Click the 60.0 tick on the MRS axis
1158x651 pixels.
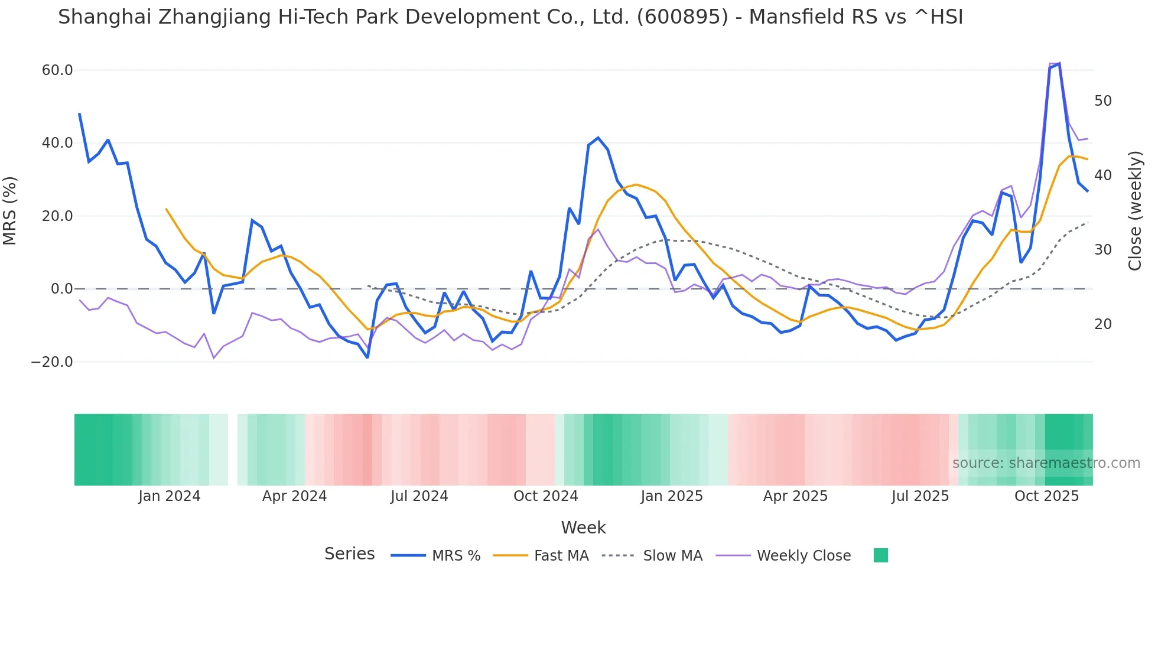pos(57,70)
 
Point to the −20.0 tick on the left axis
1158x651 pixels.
pos(52,362)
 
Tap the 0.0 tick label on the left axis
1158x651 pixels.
pos(61,289)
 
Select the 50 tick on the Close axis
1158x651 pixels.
pos(1102,101)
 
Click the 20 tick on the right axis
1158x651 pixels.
pos(1102,324)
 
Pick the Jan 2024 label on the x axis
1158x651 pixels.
pos(170,496)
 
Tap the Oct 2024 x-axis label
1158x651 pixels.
pos(545,496)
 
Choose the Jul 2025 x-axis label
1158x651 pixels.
pos(920,496)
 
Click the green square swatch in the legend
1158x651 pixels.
pos(880,555)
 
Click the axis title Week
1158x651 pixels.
pos(583,528)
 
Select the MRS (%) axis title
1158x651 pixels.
pos(10,210)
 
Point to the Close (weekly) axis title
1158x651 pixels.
pos(1135,210)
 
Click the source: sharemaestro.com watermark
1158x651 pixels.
pos(1046,463)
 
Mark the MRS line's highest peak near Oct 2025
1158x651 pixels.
pos(1059,63)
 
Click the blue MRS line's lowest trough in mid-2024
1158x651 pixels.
pos(367,357)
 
